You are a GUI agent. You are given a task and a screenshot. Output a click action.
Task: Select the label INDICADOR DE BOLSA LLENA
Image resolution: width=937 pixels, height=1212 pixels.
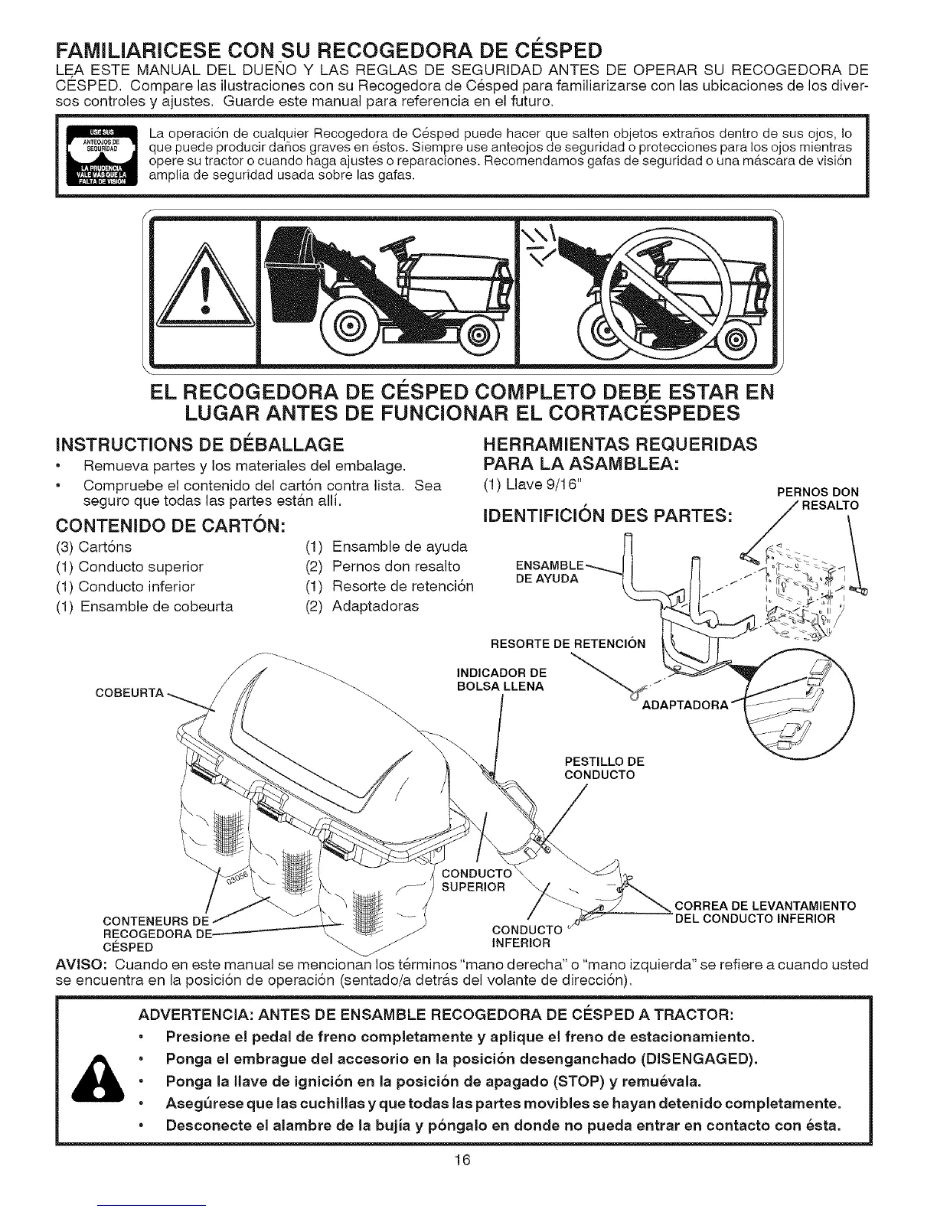click(501, 679)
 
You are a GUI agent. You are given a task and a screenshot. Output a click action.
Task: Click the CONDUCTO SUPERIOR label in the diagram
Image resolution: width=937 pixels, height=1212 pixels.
click(477, 880)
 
